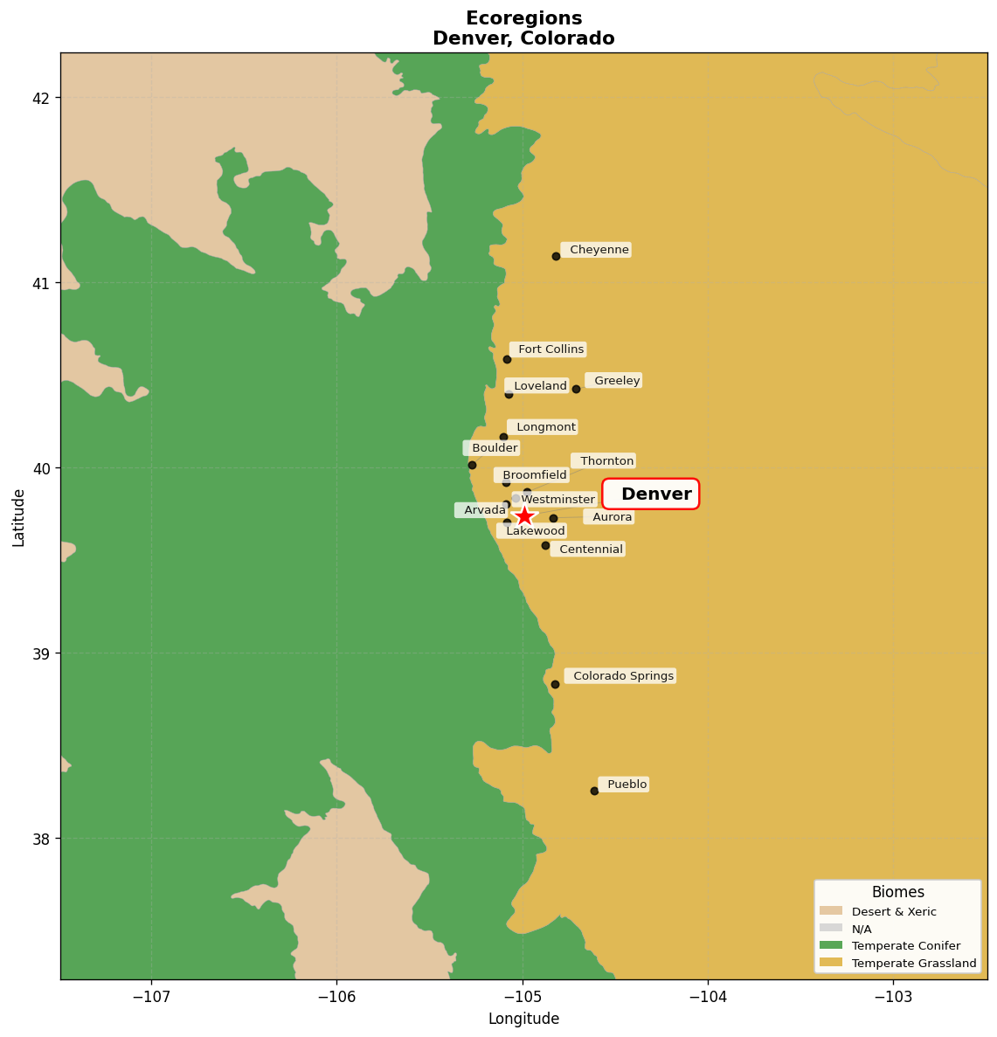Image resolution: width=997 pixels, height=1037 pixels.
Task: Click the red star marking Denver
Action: pyautogui.click(x=524, y=516)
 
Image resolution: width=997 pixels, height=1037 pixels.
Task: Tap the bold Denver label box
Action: pyautogui.click(x=651, y=494)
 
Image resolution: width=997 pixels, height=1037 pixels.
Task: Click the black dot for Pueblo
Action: pyautogui.click(x=594, y=791)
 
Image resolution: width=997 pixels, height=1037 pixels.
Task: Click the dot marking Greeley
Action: pyautogui.click(x=576, y=389)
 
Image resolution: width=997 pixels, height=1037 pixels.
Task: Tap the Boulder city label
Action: pyautogui.click(x=493, y=448)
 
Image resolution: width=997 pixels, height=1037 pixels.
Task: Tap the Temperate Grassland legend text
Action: pyautogui.click(x=913, y=963)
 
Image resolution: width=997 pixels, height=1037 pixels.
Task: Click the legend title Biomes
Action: pyautogui.click(x=897, y=892)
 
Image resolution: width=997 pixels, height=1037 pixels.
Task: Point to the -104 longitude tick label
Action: pyautogui.click(x=708, y=997)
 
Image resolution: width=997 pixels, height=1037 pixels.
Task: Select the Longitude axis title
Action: pyautogui.click(x=523, y=1019)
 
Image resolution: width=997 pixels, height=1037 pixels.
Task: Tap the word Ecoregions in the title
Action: pyautogui.click(x=523, y=18)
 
